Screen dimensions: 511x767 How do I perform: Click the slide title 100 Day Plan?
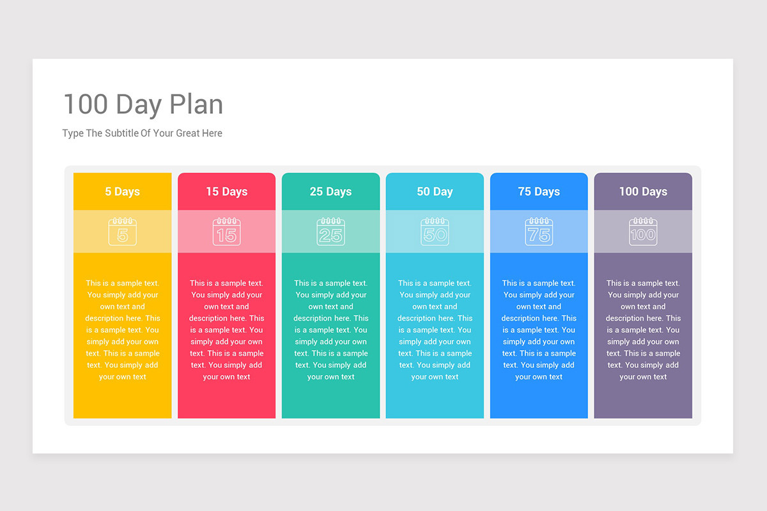pyautogui.click(x=143, y=104)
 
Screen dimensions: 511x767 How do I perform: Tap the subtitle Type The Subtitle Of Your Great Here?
pyautogui.click(x=143, y=133)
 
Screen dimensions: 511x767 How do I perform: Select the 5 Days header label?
pyautogui.click(x=123, y=192)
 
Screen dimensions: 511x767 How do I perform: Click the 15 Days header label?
pyautogui.click(x=227, y=192)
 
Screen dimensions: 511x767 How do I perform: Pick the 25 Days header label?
pyautogui.click(x=331, y=192)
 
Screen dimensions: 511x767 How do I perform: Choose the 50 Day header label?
pyautogui.click(x=435, y=192)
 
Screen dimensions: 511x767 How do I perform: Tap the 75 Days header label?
pyautogui.click(x=539, y=192)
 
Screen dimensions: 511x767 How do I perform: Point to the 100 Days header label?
pyautogui.click(x=643, y=192)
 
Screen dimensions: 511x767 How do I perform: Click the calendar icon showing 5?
pyautogui.click(x=123, y=231)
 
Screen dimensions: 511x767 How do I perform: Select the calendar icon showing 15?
pyautogui.click(x=227, y=231)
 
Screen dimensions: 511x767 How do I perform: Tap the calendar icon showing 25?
pyautogui.click(x=331, y=231)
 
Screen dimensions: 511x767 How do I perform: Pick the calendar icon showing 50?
pyautogui.click(x=435, y=231)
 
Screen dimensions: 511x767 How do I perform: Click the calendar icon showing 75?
pyautogui.click(x=539, y=231)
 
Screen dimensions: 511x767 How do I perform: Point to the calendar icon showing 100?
pyautogui.click(x=643, y=231)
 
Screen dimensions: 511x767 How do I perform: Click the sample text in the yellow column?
pyautogui.click(x=123, y=330)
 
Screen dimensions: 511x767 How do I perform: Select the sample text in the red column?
pyautogui.click(x=227, y=330)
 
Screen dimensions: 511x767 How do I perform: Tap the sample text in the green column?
pyautogui.click(x=331, y=330)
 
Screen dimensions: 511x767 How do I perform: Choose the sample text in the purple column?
pyautogui.click(x=643, y=330)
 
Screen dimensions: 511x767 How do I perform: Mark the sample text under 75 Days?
pyautogui.click(x=539, y=330)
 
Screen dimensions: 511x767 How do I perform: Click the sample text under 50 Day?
pyautogui.click(x=435, y=330)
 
